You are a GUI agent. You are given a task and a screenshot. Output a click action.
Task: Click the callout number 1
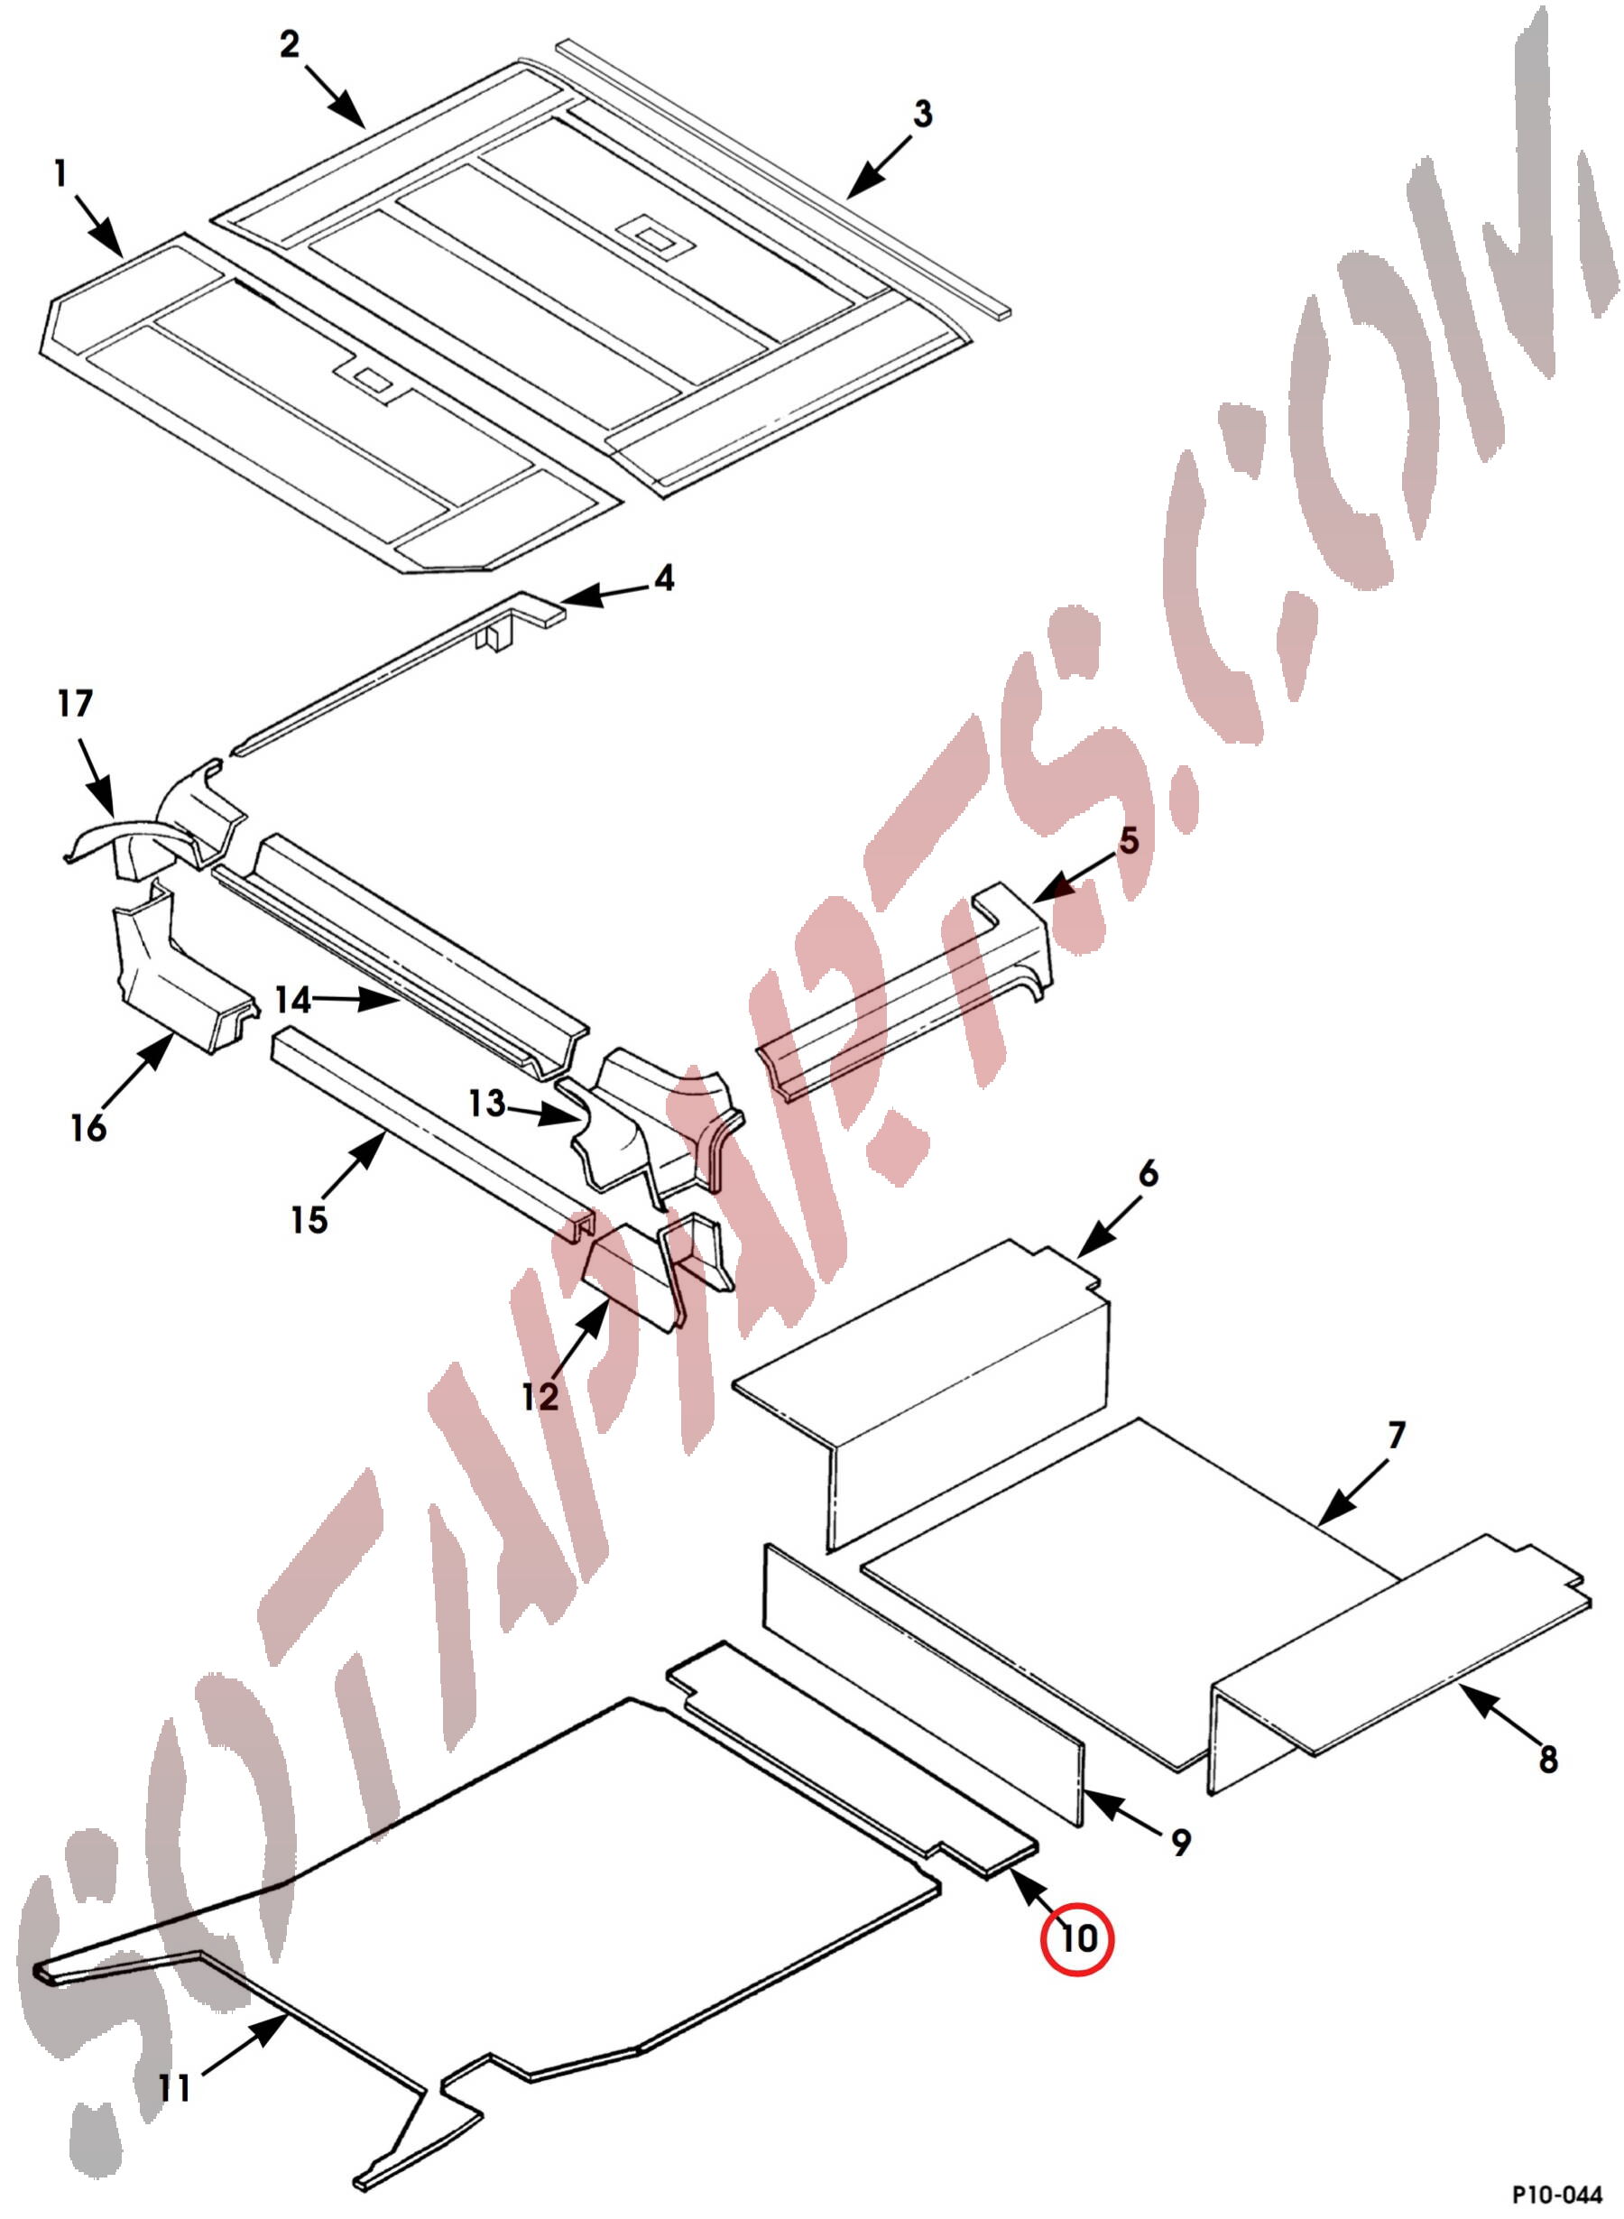[61, 174]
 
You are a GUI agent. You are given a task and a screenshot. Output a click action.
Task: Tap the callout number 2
[289, 44]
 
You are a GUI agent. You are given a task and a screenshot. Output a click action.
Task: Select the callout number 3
[922, 114]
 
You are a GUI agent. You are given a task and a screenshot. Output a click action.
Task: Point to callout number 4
[665, 578]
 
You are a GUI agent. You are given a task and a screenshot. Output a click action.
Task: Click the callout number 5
[1129, 841]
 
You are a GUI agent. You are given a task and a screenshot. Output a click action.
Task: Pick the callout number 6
[1149, 1173]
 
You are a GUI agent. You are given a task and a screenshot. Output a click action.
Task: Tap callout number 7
[1398, 1435]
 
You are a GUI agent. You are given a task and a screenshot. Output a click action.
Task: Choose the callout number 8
[1548, 1759]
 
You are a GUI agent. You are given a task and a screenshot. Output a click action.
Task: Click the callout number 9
[1182, 1842]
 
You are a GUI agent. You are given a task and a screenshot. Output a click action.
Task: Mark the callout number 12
[540, 1395]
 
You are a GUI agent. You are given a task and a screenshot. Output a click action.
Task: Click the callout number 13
[486, 1103]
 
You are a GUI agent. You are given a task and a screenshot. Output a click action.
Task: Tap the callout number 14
[292, 1000]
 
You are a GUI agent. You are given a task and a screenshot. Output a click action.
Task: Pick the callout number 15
[309, 1220]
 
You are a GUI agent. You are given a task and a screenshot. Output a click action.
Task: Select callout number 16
[88, 1128]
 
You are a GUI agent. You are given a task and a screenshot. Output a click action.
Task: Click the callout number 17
[75, 703]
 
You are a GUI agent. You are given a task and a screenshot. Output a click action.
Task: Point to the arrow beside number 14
[358, 1000]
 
